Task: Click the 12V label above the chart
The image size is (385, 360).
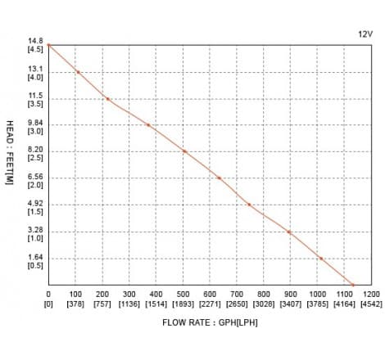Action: click(x=365, y=34)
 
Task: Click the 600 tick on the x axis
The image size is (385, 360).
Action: click(x=210, y=294)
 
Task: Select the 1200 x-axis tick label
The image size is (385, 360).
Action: click(x=371, y=294)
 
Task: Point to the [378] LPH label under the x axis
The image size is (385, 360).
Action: click(x=75, y=303)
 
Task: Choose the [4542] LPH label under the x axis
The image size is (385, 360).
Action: click(x=371, y=303)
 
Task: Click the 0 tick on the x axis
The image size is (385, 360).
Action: click(x=48, y=294)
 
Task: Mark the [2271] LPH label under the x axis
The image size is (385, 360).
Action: click(x=210, y=303)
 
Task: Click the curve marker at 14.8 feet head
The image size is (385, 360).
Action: click(x=48, y=45)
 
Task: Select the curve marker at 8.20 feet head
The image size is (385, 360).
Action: click(x=185, y=151)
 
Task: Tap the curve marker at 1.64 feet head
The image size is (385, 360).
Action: click(x=321, y=259)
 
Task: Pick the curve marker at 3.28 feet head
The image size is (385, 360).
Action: click(x=289, y=232)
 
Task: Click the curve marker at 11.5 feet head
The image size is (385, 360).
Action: click(x=107, y=99)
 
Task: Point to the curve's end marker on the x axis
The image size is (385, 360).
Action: click(x=353, y=285)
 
